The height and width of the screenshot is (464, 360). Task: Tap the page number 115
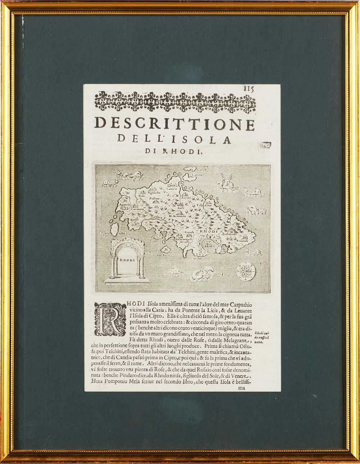pyautogui.click(x=248, y=90)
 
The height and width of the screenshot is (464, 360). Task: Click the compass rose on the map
pyautogui.click(x=246, y=270)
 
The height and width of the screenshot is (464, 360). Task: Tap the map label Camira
pyautogui.click(x=171, y=189)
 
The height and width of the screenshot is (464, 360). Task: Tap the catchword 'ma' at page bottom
pyautogui.click(x=241, y=388)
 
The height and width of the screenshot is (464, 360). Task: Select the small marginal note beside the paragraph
pyautogui.click(x=263, y=337)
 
